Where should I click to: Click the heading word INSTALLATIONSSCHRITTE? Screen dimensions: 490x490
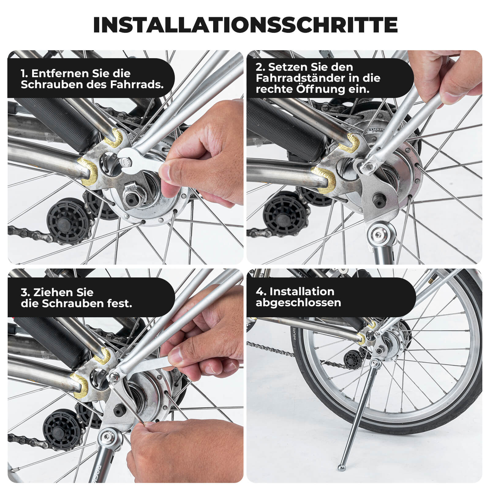pyautogui.click(x=245, y=25)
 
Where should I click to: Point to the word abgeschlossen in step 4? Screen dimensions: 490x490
pyautogui.click(x=298, y=303)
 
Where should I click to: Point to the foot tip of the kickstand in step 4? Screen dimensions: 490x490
pyautogui.click(x=341, y=468)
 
